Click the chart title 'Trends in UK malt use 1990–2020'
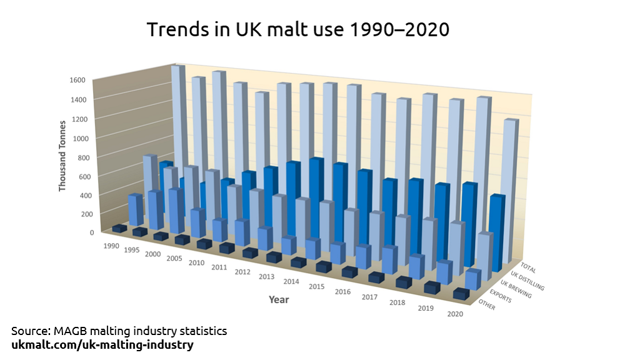click(297, 29)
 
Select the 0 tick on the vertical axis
click(91, 232)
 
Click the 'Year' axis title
click(279, 299)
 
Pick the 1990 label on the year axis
click(112, 245)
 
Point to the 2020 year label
click(455, 313)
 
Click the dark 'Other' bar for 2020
click(461, 294)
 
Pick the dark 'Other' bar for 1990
click(119, 229)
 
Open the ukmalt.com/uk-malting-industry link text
click(102, 345)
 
